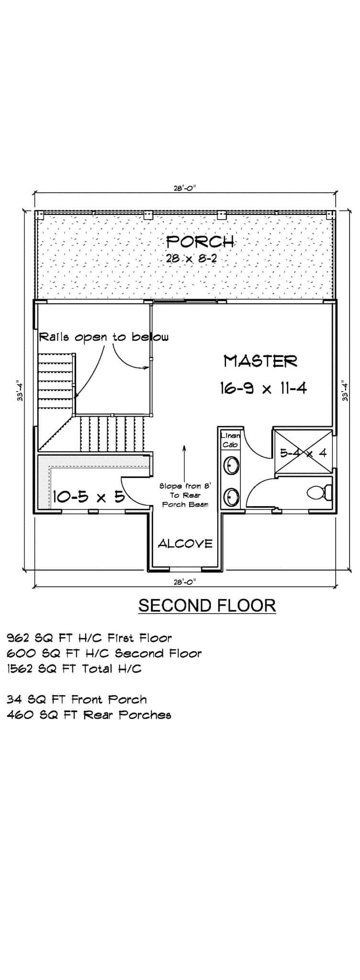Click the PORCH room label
click(x=200, y=241)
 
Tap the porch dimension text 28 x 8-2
click(x=191, y=258)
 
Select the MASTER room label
click(x=260, y=361)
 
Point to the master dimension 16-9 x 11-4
click(x=263, y=388)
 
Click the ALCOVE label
click(x=185, y=544)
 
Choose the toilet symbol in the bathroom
click(x=319, y=492)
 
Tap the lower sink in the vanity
click(x=232, y=497)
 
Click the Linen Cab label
click(x=230, y=440)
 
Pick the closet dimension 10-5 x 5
click(x=88, y=497)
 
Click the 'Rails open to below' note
click(x=103, y=337)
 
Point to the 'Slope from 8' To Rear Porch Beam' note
click(x=185, y=495)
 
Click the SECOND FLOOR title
click(x=207, y=605)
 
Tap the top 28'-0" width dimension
click(x=185, y=189)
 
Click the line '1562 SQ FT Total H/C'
click(x=74, y=668)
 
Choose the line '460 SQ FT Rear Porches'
click(x=89, y=715)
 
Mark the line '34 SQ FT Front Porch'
click(x=77, y=700)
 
